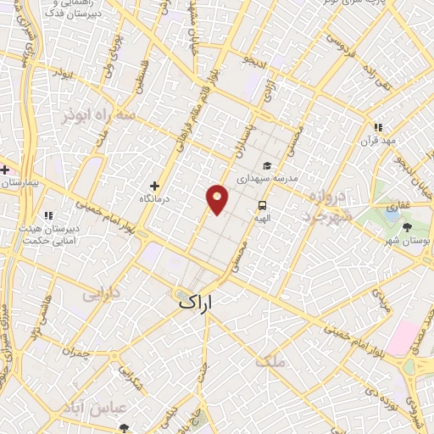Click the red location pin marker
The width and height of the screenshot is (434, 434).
pos(217,199)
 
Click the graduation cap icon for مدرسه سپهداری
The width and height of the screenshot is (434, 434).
pos(268,166)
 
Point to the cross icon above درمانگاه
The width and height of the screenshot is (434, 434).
pos(154,186)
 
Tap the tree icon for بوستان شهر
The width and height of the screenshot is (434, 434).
pos(407,227)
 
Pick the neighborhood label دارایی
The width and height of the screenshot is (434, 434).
pos(101,296)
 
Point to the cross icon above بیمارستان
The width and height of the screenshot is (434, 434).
pos(4,170)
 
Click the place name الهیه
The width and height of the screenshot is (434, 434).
pos(262,218)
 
